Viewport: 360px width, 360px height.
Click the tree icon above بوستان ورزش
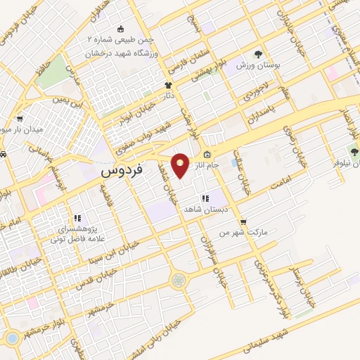pos(257,53)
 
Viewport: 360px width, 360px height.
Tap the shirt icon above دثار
pos(168,85)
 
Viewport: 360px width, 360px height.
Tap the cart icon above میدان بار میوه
pos(19,119)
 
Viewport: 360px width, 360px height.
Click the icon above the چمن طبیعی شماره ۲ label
pos(120,29)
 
